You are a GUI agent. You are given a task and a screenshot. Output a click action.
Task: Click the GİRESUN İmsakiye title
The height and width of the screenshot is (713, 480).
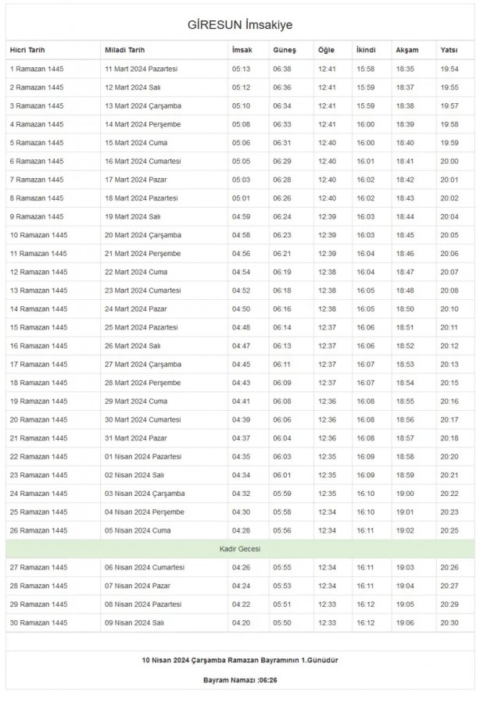click(239, 25)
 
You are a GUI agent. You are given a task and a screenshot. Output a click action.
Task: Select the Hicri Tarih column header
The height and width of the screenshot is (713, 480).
click(29, 50)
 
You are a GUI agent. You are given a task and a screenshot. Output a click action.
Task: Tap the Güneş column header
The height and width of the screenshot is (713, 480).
click(284, 50)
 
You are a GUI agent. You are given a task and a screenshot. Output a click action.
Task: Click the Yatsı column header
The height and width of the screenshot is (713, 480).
click(449, 50)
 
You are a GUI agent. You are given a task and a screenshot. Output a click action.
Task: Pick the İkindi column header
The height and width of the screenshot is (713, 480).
click(365, 50)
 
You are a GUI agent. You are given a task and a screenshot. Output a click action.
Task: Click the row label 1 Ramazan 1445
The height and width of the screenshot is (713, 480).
click(37, 69)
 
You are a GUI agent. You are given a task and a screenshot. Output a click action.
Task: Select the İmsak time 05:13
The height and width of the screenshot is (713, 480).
click(241, 69)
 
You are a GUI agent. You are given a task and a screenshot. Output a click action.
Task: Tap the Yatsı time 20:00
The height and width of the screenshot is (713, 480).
click(449, 161)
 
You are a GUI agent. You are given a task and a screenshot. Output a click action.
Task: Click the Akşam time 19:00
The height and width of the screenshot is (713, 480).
click(405, 494)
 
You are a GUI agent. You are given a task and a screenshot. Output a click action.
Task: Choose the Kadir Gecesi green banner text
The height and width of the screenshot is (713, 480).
click(239, 549)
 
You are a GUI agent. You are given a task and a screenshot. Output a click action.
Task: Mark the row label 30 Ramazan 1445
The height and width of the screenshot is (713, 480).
click(39, 622)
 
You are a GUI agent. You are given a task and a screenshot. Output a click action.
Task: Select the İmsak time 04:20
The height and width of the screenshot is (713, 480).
click(241, 622)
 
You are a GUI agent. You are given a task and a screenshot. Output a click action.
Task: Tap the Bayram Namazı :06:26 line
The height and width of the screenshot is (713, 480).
click(239, 681)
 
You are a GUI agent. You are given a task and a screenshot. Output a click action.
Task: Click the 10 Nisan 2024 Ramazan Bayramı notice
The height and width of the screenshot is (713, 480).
click(239, 660)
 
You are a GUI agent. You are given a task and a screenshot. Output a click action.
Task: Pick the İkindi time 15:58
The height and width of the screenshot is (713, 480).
click(365, 69)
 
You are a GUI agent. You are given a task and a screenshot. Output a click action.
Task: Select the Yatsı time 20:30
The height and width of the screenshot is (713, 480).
click(449, 622)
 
